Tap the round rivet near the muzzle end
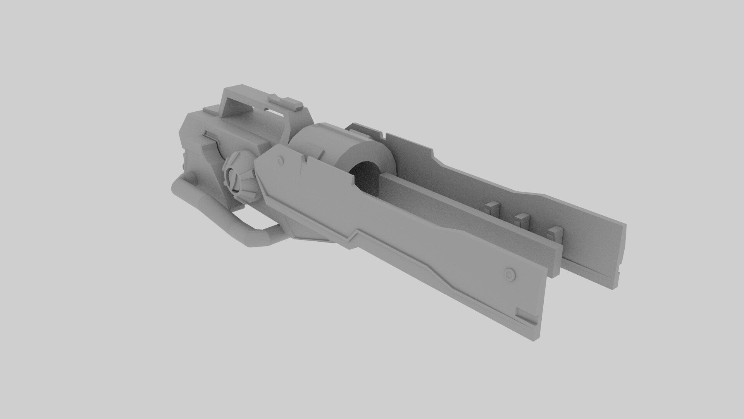point(510,274)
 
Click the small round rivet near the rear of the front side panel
point(280,160)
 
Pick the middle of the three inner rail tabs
point(521,219)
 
